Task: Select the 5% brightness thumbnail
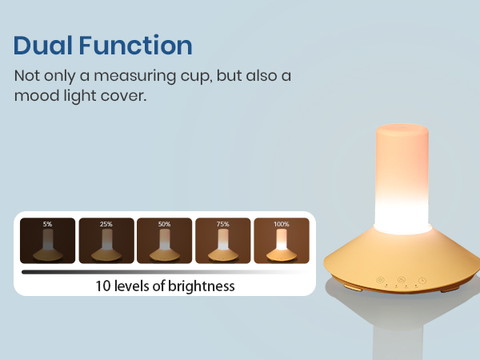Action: tap(48, 241)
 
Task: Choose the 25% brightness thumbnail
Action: tap(106, 241)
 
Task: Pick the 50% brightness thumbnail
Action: tap(164, 241)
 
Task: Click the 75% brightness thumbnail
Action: tap(222, 241)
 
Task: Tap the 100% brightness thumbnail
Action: tap(280, 241)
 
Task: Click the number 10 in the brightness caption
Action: tap(102, 286)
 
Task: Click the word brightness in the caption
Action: tap(201, 286)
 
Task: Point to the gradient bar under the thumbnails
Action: tap(160, 272)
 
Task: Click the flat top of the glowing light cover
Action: tap(399, 129)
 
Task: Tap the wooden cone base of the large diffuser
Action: tap(399, 256)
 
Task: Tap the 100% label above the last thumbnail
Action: tap(280, 225)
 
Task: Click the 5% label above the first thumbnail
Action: tap(48, 225)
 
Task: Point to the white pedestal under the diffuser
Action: tap(399, 328)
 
